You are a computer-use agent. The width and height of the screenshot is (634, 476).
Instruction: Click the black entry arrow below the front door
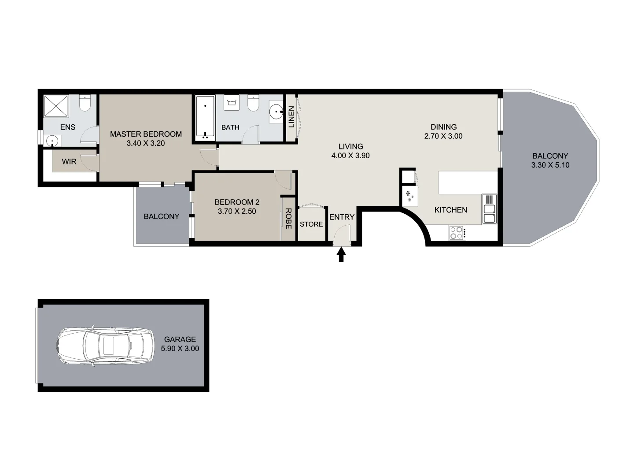click(x=341, y=255)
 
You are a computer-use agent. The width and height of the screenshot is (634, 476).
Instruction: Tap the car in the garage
click(x=105, y=346)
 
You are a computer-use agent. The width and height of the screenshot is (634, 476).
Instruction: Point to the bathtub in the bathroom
click(x=205, y=117)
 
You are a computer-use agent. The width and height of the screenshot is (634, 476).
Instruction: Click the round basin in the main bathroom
click(x=276, y=112)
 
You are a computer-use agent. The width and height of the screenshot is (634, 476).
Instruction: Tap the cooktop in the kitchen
click(x=457, y=232)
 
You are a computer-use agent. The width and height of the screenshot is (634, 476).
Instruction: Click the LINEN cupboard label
click(x=291, y=117)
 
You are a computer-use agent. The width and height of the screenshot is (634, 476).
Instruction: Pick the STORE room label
click(x=311, y=224)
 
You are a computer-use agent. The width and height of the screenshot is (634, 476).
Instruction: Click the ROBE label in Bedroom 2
click(x=288, y=219)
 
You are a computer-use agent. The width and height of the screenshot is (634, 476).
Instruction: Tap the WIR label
click(x=69, y=162)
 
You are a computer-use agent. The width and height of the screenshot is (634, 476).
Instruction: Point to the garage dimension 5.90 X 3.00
click(x=180, y=349)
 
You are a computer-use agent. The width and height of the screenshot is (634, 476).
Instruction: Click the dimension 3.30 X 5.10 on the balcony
click(x=550, y=165)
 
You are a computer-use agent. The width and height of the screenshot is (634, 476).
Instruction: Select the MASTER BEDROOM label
click(x=146, y=134)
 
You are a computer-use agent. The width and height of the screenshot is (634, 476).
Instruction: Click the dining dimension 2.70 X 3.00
click(x=443, y=136)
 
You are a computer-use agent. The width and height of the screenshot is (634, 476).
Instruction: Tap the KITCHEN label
click(x=450, y=210)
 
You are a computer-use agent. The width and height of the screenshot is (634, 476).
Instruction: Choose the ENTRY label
click(x=342, y=217)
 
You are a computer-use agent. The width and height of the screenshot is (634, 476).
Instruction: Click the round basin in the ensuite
click(x=53, y=141)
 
